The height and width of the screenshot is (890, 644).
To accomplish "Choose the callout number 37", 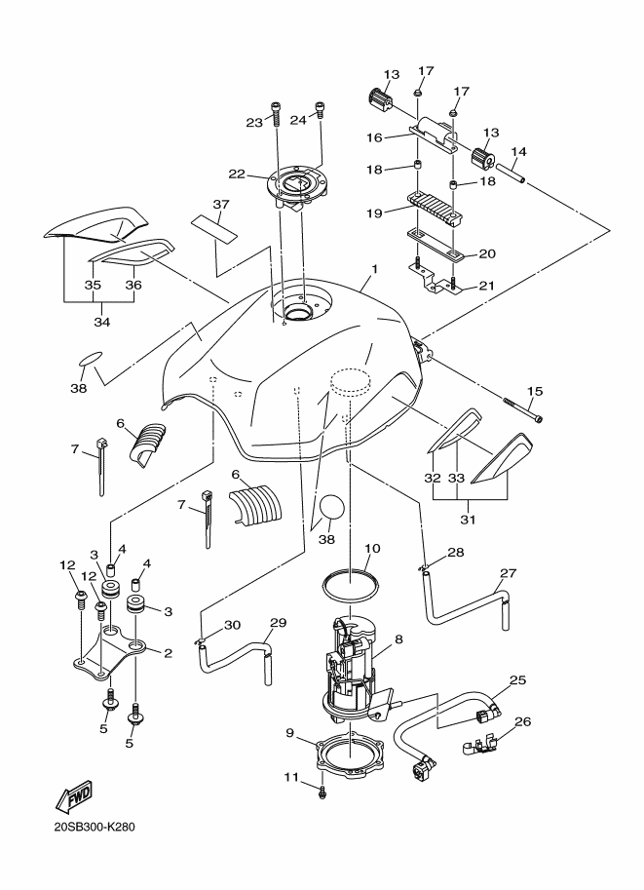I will (x=221, y=206).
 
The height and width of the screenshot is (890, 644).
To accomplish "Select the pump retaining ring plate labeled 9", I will (x=348, y=755).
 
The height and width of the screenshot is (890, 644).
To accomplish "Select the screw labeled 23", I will (x=276, y=115).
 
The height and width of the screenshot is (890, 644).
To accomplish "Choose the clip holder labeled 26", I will (x=478, y=749).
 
